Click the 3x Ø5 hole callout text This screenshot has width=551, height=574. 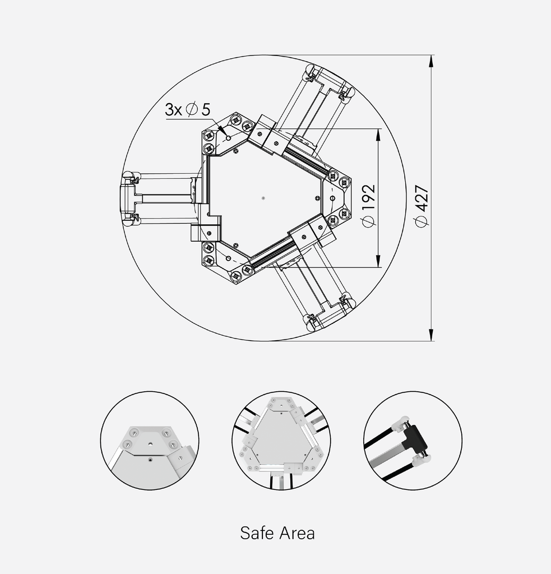pyautogui.click(x=187, y=109)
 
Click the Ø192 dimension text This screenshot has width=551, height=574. pyautogui.click(x=368, y=205)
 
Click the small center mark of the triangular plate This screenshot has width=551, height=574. pyautogui.click(x=263, y=197)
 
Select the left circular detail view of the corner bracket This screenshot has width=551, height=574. pyautogui.click(x=150, y=440)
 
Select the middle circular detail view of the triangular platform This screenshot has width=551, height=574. pyautogui.click(x=281, y=440)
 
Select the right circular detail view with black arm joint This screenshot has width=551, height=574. pyautogui.click(x=413, y=440)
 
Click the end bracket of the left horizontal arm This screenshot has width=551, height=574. pyautogui.click(x=128, y=198)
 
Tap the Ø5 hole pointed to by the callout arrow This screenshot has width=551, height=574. pyautogui.click(x=228, y=138)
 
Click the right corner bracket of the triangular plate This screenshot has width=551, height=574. pyautogui.click(x=337, y=197)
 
